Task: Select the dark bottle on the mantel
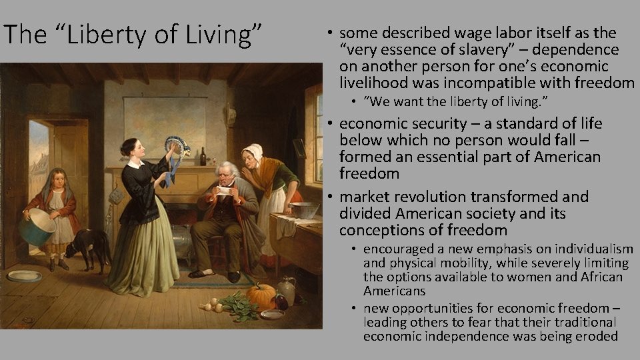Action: coord(203,157)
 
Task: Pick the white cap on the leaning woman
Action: coord(253,151)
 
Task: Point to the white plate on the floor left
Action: coord(25,275)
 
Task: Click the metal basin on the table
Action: coord(303,209)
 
